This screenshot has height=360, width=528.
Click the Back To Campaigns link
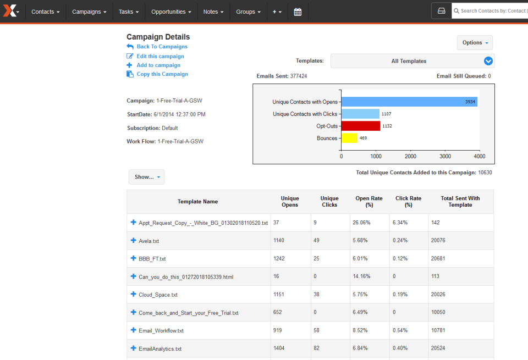pos(162,47)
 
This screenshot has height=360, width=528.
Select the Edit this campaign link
pos(160,56)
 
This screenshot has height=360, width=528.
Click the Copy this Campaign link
pos(162,74)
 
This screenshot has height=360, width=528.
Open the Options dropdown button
pos(475,43)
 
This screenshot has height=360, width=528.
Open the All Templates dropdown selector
pos(413,61)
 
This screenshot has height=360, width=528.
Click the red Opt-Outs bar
pos(360,126)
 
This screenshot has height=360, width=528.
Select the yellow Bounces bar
pos(349,138)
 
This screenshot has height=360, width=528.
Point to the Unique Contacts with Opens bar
pos(409,102)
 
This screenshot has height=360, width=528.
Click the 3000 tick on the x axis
pos(445,156)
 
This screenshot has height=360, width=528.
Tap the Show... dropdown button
pos(146,177)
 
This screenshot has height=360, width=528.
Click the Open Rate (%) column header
pos(369,202)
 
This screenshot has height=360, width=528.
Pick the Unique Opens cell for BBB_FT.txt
pos(279,258)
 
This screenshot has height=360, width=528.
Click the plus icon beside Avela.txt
pos(133,240)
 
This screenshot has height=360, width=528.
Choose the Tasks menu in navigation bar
pos(129,12)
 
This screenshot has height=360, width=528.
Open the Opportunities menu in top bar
pos(171,12)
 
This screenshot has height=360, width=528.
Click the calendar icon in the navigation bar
pos(298,12)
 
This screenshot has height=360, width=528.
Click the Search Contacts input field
pos(492,11)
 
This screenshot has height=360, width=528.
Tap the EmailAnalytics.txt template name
pos(160,348)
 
